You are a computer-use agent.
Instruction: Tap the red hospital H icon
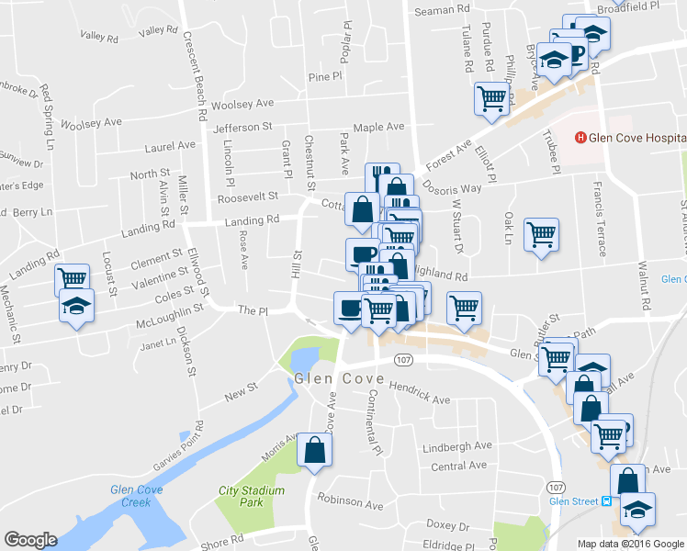point(580,139)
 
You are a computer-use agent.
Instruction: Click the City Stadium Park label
point(253,496)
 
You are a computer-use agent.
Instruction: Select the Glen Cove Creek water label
point(130,495)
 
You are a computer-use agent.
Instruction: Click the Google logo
point(30,540)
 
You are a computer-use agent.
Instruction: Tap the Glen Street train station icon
point(606,501)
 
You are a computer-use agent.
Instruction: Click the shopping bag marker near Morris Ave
point(315,451)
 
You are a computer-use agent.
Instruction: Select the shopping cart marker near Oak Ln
point(541,233)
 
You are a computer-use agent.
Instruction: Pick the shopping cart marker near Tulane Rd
point(491,98)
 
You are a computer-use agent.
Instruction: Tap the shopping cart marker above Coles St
point(72,277)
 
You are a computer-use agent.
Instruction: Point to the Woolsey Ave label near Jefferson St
point(242,105)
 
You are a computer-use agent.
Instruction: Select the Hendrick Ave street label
point(419,394)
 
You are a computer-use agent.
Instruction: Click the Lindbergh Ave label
point(457,446)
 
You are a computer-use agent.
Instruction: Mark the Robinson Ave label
point(349,503)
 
